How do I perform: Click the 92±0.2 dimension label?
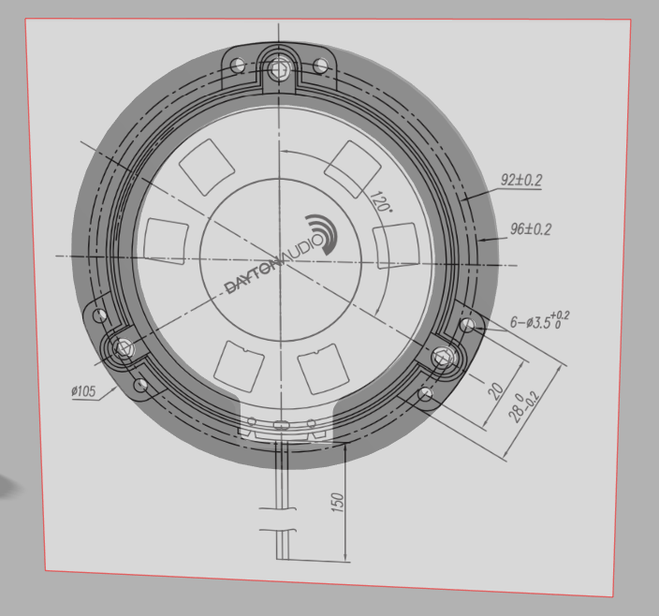coord(521,180)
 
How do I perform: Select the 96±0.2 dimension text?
coord(531,229)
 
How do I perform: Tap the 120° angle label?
coord(380,201)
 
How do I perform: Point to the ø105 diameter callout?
coord(83,391)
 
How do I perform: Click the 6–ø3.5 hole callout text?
coord(539,320)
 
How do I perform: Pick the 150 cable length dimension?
coord(338,503)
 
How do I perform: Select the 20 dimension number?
coord(496,390)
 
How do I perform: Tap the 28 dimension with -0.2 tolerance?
coord(523,407)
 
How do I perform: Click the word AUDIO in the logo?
coord(304,251)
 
